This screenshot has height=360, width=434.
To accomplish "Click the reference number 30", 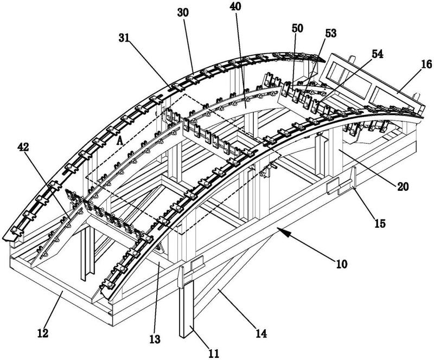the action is coord(183,13).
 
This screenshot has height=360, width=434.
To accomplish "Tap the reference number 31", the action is coord(124,38).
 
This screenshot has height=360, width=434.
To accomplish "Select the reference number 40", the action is coord(235,7).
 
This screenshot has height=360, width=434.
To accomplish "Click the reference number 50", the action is coord(297,28).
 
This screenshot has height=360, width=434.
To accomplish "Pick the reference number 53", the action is coord(330,33).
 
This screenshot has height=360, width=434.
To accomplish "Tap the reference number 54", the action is coord(377,54).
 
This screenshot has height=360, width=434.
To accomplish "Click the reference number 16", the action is coord(426,64).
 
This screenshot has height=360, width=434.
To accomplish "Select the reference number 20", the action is coord(403,187).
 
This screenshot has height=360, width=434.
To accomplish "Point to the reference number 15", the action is coord(380,223).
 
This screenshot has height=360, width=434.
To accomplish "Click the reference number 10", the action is coord(342,264).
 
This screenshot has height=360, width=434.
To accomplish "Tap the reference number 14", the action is coord(261,334).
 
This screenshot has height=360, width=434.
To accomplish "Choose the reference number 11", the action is coord(213,353).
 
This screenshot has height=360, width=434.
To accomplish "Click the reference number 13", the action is coord(155,339).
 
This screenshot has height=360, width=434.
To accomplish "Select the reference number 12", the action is coord(43,333).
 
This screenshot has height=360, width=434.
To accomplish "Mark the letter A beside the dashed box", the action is coord(119,140).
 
